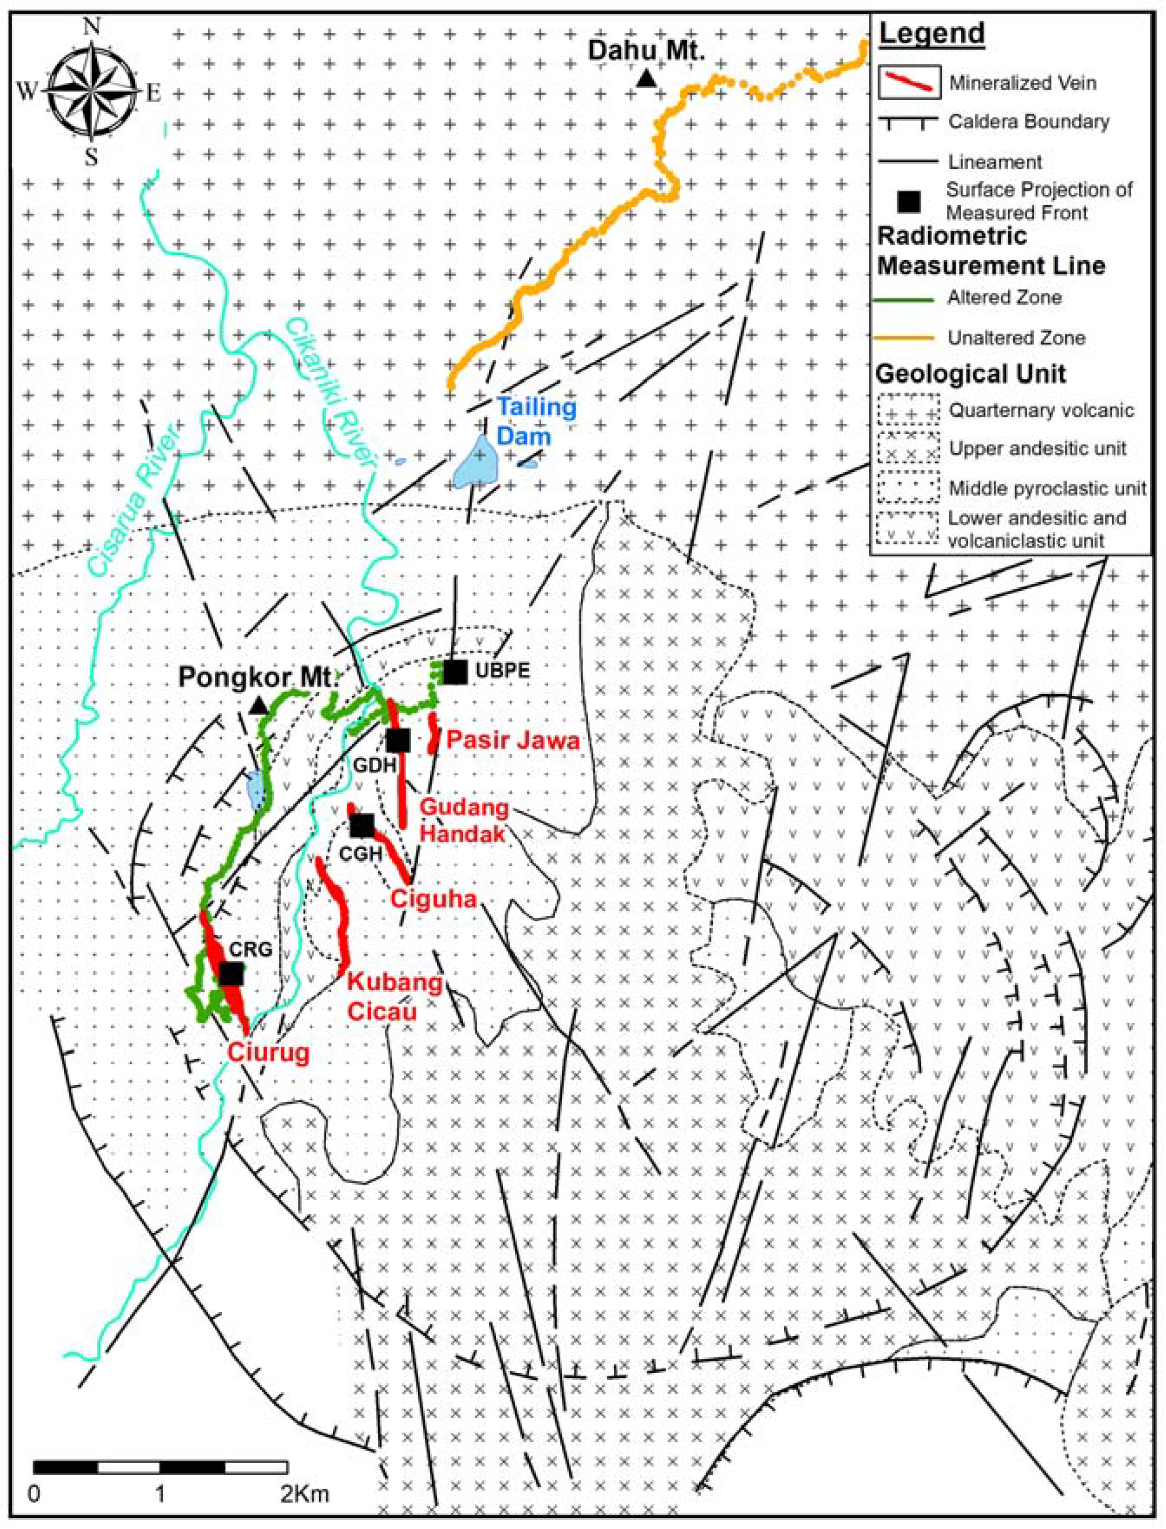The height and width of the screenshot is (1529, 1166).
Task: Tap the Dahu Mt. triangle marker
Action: tap(647, 79)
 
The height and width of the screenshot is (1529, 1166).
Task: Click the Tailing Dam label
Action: tap(536, 421)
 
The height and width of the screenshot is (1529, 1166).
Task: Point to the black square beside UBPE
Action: tap(455, 672)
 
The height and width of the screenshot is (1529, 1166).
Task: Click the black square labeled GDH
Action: tap(398, 740)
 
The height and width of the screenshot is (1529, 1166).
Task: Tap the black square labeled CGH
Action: tap(362, 825)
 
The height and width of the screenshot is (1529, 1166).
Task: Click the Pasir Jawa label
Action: tap(512, 740)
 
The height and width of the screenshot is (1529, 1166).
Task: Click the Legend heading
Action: tap(931, 34)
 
